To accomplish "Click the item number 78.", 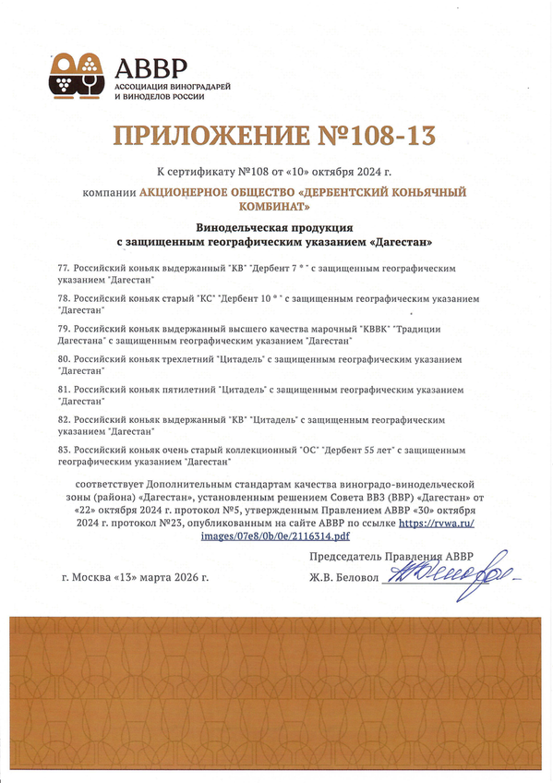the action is click(x=64, y=299).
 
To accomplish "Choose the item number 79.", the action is click(x=64, y=330).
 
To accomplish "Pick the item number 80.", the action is click(x=64, y=359).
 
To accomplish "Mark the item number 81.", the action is click(x=64, y=390).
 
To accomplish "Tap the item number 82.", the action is click(x=64, y=419).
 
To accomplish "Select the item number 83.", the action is click(x=64, y=450).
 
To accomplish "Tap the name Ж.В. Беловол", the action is click(x=344, y=578).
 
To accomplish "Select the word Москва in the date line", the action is click(x=95, y=578).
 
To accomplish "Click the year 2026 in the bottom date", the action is click(x=182, y=578).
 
